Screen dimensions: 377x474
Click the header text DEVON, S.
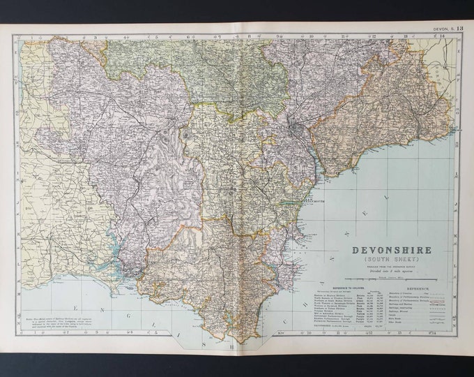(x=443, y=28)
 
